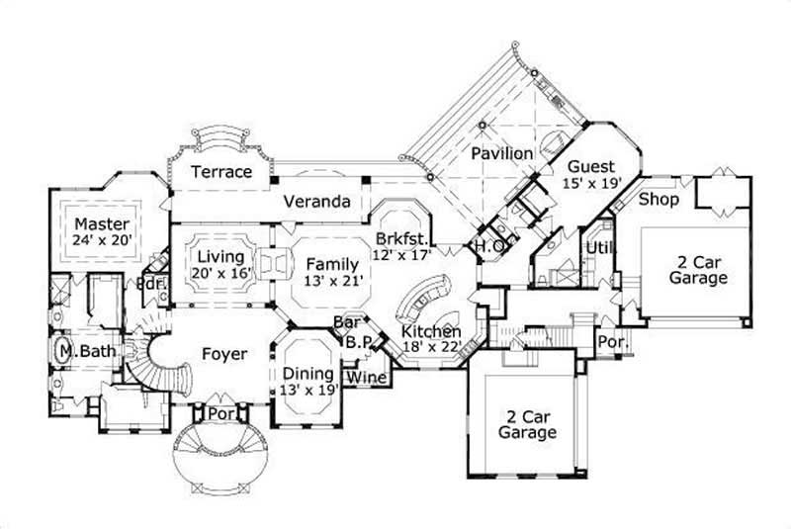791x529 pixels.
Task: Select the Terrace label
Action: pos(221,172)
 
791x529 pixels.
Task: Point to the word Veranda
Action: pos(317,202)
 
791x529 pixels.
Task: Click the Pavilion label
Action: pos(501,154)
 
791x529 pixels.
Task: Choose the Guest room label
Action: pos(591,166)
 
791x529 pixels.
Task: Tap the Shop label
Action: pos(658,199)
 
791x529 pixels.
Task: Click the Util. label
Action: pos(598,246)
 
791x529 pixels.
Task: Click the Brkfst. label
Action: pos(400,239)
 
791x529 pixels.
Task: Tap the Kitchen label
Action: pos(431,330)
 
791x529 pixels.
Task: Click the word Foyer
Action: pos(224,354)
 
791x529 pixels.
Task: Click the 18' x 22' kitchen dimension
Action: pos(432,346)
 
